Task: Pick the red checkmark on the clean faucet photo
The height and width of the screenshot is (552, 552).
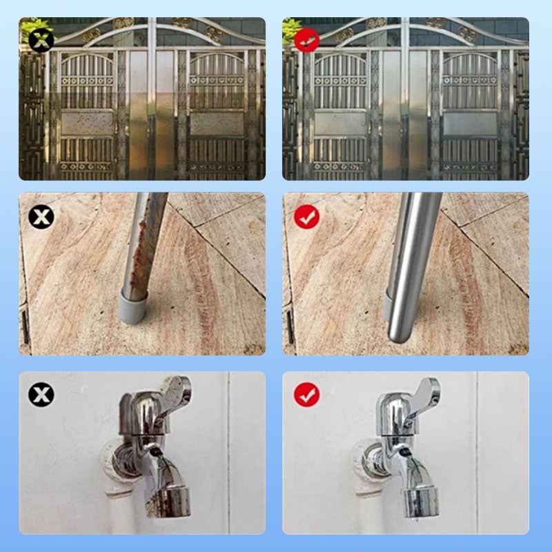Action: tap(306, 395)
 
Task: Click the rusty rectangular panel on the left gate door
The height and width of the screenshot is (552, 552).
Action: tap(86, 124)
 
